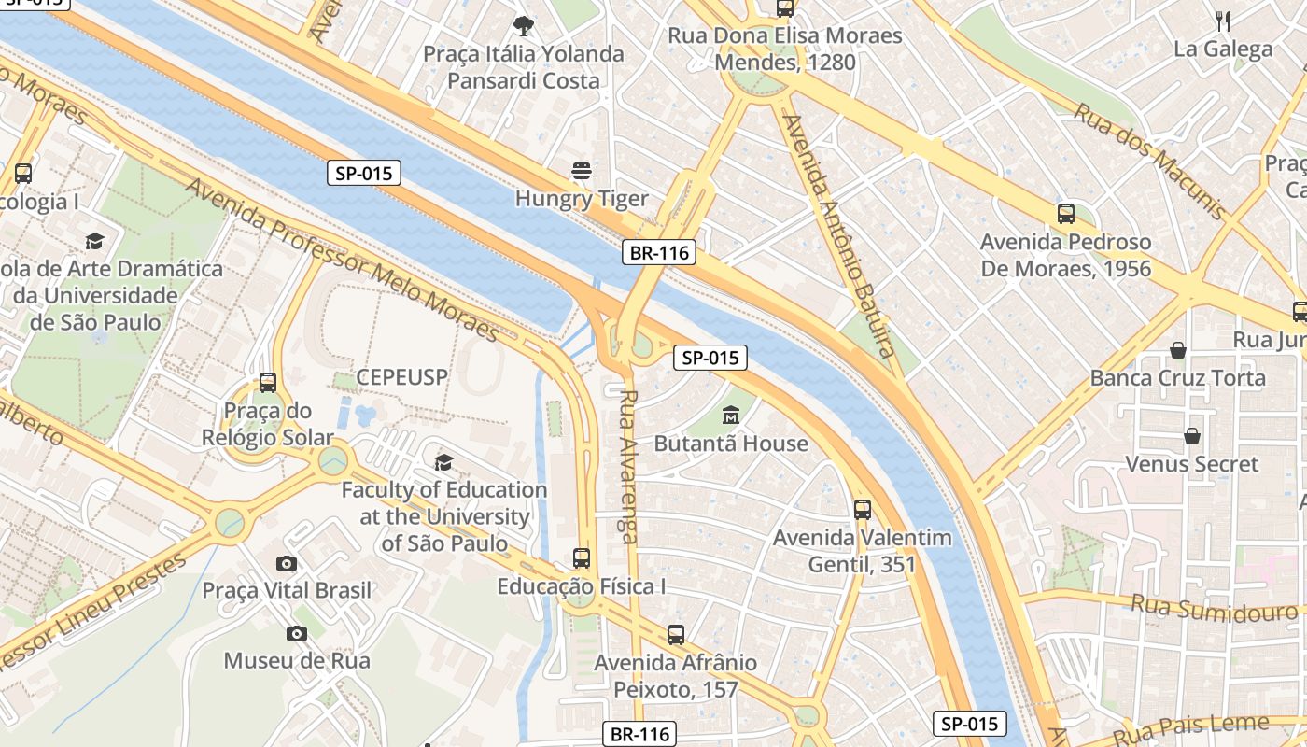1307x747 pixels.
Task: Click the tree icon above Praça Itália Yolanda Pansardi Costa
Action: (524, 25)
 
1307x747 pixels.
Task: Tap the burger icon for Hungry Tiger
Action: (582, 171)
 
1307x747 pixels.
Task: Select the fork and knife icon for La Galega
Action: (1223, 21)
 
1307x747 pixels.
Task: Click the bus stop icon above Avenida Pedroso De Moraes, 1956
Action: (1066, 214)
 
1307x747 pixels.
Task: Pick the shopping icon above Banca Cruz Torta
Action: (1178, 350)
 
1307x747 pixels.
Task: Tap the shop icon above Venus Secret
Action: (1192, 436)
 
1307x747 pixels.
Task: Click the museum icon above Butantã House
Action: (731, 415)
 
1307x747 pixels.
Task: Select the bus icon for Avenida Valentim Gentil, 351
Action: (863, 510)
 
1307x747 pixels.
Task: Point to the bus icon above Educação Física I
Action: (582, 558)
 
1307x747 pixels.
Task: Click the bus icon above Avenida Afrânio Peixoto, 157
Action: (676, 635)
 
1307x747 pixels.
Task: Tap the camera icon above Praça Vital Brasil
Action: (287, 563)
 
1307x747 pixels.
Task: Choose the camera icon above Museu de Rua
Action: (297, 634)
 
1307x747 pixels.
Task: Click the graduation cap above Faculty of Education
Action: (444, 462)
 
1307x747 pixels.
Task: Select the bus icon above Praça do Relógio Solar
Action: (268, 382)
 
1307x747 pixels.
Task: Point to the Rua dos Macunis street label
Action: (1148, 160)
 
